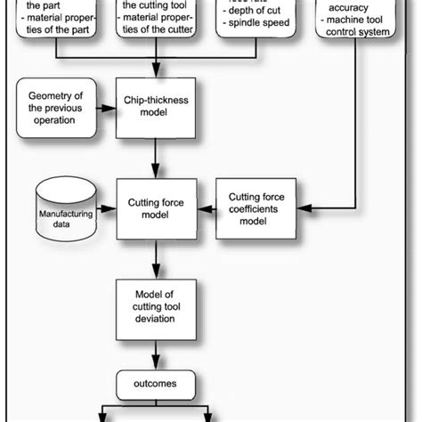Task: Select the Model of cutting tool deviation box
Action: pos(156,307)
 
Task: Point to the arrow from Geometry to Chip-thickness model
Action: pos(108,110)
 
